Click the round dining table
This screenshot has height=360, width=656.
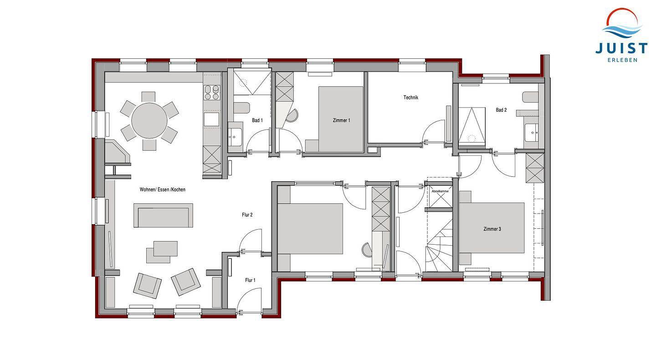(149, 120)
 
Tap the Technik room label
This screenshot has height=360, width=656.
(410, 98)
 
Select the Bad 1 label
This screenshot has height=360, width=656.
(257, 120)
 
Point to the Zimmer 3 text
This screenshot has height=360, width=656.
(492, 229)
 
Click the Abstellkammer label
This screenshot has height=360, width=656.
(440, 191)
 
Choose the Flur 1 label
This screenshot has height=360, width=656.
(250, 280)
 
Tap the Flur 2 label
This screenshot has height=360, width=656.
(247, 215)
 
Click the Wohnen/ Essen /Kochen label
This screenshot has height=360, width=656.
(163, 190)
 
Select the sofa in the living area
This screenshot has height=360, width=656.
(163, 215)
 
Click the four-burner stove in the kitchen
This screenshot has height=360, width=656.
(212, 92)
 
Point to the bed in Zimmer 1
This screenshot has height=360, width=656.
(341, 119)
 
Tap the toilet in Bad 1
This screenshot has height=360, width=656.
(241, 108)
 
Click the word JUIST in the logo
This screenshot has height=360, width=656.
(621, 48)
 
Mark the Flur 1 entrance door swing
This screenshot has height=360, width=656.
(249, 300)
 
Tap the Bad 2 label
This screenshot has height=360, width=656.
(501, 110)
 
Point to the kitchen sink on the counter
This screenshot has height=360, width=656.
(212, 119)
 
